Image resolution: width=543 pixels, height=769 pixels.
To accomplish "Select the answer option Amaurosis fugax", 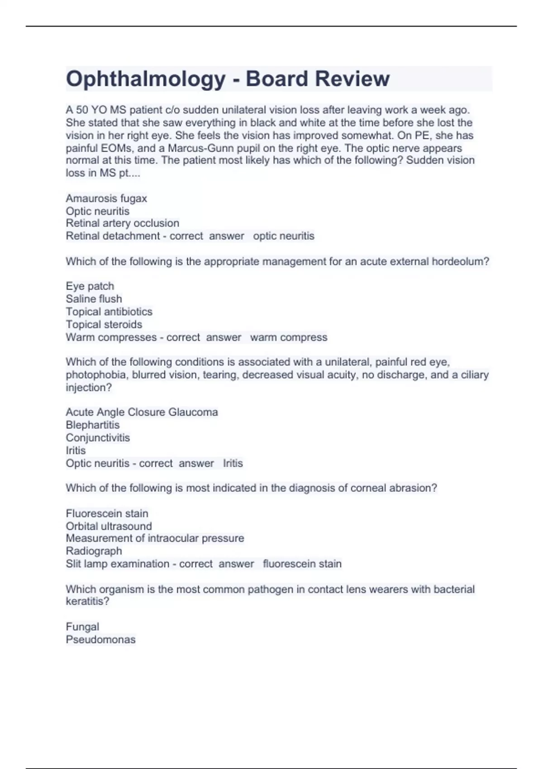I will click(x=106, y=198).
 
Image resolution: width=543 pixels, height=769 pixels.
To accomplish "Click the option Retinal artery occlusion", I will click(x=122, y=223).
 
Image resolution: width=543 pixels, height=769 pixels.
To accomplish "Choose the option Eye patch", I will click(x=90, y=286).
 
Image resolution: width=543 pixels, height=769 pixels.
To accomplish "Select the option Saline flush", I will click(x=94, y=299).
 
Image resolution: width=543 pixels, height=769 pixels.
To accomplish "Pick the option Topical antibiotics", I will click(x=109, y=312).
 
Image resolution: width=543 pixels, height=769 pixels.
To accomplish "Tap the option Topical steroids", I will click(x=104, y=324).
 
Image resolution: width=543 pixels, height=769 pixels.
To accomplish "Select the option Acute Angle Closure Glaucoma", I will click(x=142, y=412).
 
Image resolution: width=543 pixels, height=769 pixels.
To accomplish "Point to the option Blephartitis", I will click(x=92, y=425).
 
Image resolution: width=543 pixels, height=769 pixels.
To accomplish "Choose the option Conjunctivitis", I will click(x=97, y=437).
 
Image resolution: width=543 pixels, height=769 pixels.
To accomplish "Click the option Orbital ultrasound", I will click(x=109, y=526).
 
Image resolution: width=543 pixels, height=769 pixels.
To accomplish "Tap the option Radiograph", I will click(x=94, y=551).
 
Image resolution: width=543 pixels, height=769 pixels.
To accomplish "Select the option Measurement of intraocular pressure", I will click(x=155, y=538).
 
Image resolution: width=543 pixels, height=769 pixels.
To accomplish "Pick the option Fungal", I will click(x=82, y=627).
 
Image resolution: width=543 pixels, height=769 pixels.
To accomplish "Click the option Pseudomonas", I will click(x=100, y=640).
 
